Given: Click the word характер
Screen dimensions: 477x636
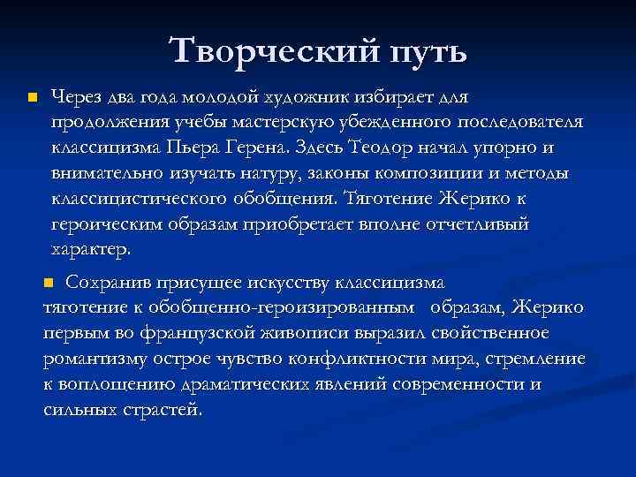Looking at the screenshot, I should [91, 250].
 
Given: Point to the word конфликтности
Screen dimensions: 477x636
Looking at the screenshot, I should [345, 360].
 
